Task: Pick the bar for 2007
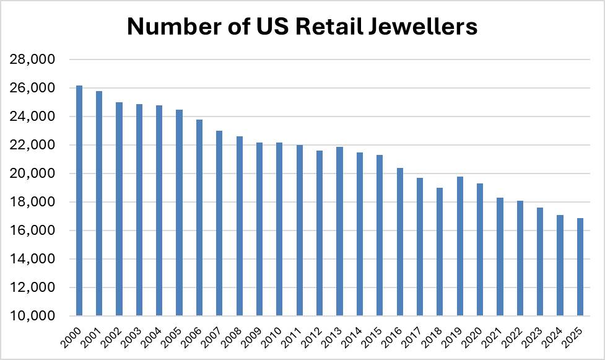point(219,223)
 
